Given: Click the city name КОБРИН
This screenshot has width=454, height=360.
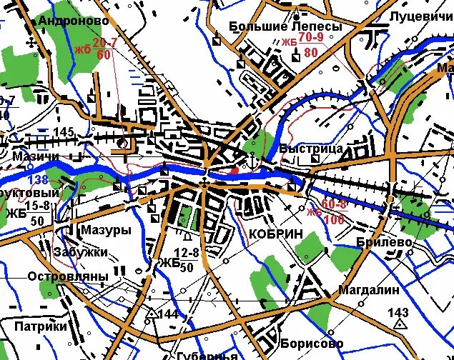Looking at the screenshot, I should [275, 234].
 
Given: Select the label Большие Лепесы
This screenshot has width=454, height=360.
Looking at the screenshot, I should [285, 26].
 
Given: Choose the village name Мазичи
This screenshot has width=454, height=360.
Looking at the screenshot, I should [35, 156].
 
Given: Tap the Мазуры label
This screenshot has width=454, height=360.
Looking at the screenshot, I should [106, 231].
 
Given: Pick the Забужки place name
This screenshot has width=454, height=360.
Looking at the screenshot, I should [80, 252].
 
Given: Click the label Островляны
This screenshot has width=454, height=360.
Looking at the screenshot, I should [68, 276].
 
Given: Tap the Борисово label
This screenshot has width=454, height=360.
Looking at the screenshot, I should [307, 344].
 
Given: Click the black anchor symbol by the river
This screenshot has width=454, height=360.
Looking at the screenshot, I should [252, 161].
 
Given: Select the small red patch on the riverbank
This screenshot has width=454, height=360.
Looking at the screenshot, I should [235, 170].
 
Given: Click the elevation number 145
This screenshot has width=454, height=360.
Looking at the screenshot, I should [64, 132].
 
